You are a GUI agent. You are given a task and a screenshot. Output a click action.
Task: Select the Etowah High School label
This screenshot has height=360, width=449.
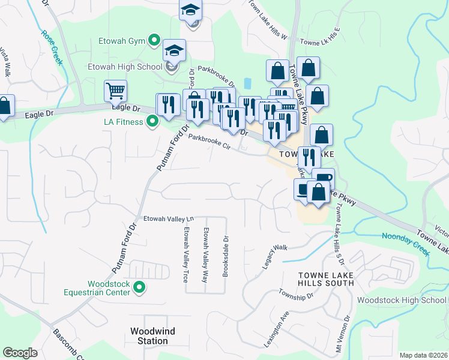coord(124,67)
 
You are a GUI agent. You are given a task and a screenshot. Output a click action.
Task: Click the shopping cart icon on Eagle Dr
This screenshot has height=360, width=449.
coord(115,91)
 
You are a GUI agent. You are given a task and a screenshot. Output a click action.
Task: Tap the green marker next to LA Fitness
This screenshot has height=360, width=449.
coord(152,122)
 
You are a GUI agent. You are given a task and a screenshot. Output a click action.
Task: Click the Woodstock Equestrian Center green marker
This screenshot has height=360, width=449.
coord(139,288)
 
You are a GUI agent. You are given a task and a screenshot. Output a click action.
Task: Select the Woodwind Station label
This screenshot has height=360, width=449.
coord(149,336)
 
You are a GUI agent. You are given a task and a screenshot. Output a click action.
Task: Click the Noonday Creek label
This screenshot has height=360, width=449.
coord(406,245)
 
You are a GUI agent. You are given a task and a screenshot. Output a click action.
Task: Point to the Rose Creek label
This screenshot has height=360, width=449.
coord(52,49)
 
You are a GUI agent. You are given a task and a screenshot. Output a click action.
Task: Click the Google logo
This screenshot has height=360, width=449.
coord(20,353)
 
